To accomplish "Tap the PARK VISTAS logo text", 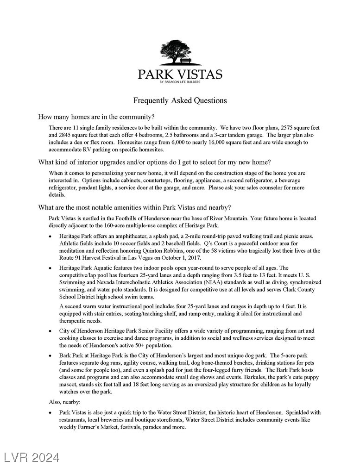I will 180,74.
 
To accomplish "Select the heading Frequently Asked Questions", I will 180,100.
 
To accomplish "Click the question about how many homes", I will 96,117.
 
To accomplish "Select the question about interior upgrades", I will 154,162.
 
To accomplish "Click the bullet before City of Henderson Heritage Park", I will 51,331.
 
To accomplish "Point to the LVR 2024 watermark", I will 32,458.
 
